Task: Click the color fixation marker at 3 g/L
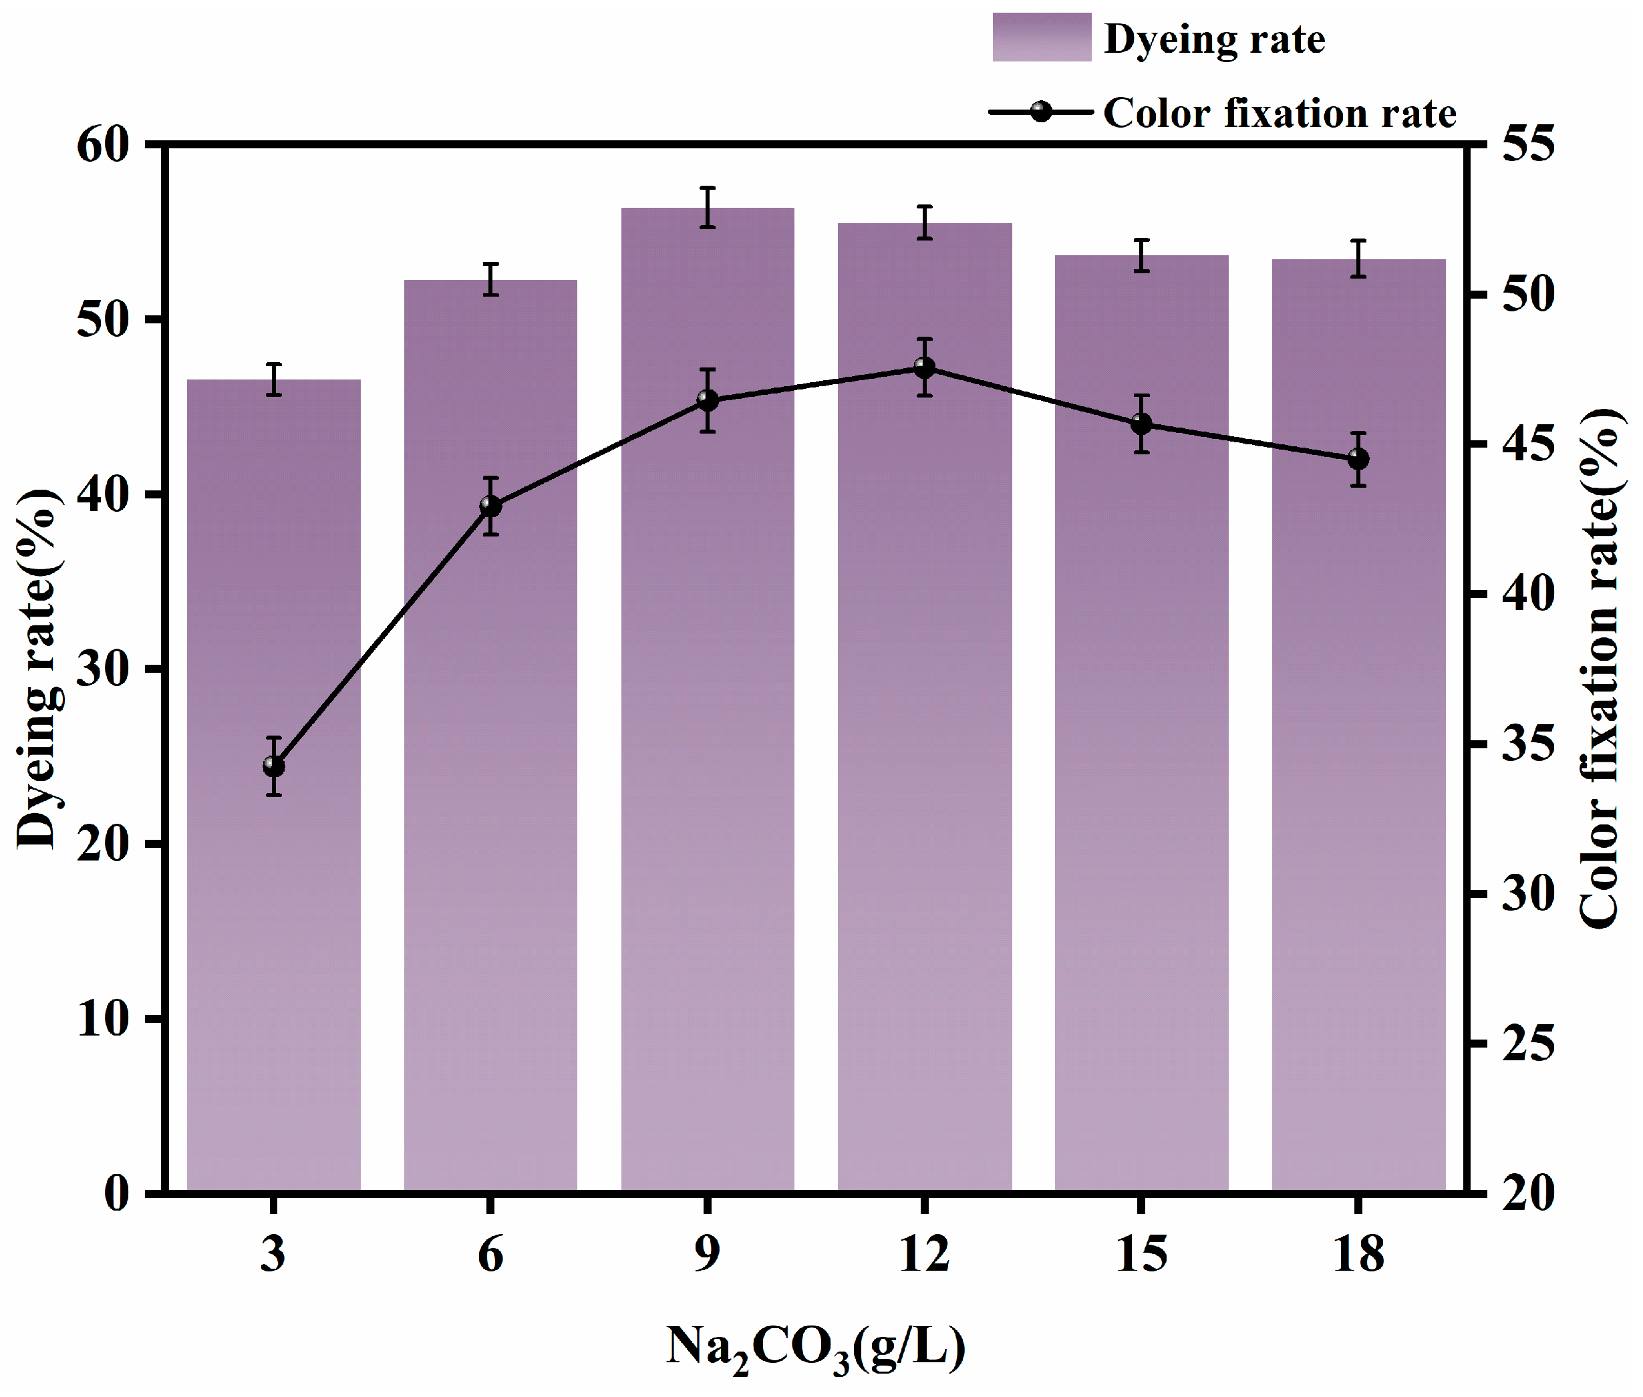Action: click(273, 766)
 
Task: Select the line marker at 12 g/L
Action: click(924, 367)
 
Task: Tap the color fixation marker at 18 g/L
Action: click(1358, 458)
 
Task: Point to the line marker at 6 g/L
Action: click(490, 505)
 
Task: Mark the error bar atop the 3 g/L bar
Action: click(273, 379)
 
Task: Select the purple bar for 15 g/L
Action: click(1141, 713)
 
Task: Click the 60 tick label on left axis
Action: click(103, 145)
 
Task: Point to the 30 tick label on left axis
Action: click(103, 669)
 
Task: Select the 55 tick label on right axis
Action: click(1528, 144)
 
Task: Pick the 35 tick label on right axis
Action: click(1528, 744)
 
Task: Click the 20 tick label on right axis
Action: click(1528, 1192)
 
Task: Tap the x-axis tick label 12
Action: click(924, 1253)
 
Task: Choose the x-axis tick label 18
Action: click(1358, 1253)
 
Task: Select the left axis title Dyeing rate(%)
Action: click(37, 669)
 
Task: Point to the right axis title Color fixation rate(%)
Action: click(1600, 669)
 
